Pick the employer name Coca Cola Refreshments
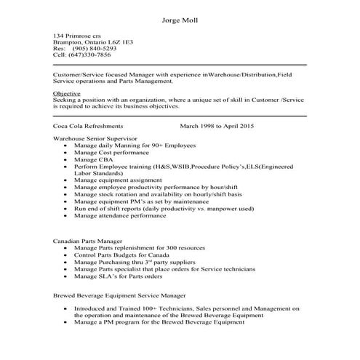point(88,126)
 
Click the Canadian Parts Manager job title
point(87,241)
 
